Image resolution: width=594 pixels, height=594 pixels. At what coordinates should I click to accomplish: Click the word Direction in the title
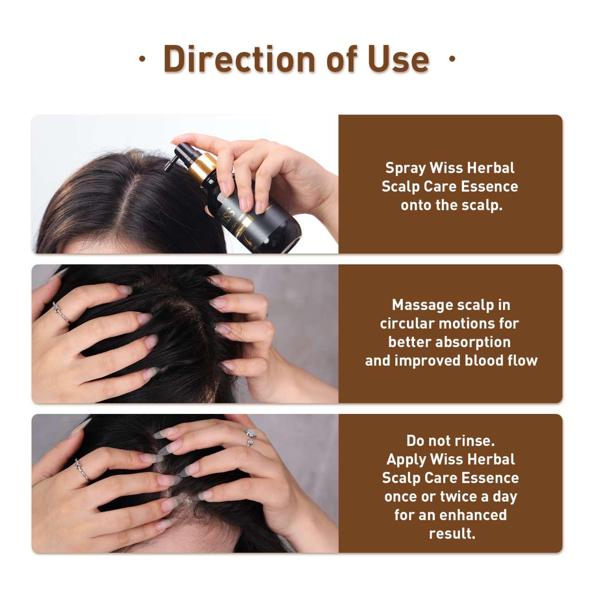239,59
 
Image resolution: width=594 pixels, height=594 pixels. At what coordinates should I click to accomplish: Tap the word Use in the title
398,59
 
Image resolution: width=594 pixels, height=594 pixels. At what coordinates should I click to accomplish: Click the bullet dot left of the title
142,58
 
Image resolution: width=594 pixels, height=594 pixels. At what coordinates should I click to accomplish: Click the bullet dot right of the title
452,58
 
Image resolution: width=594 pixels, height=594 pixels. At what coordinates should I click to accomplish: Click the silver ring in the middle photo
61,313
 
